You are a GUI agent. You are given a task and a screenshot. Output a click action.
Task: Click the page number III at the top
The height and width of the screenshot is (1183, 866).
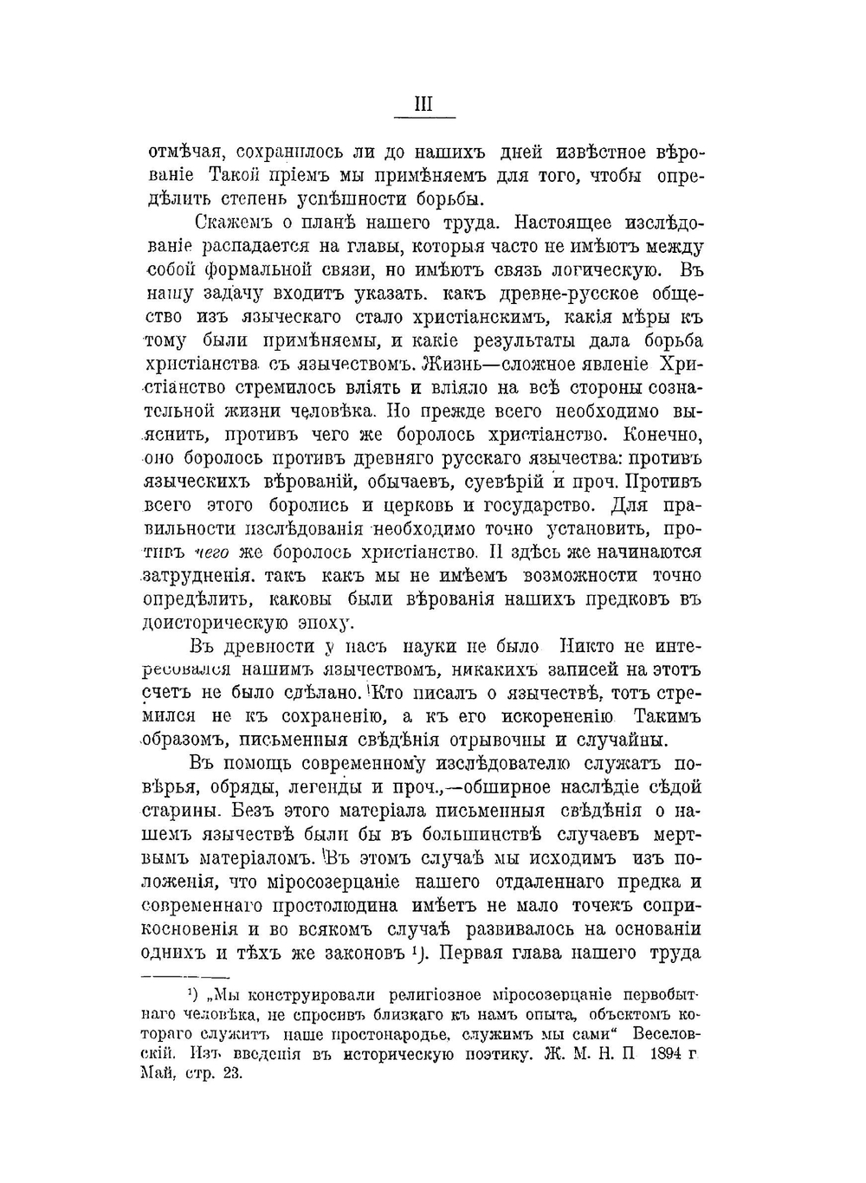pyautogui.click(x=423, y=104)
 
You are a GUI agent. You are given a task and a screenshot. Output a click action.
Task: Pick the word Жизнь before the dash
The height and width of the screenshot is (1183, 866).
pyautogui.click(x=443, y=364)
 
